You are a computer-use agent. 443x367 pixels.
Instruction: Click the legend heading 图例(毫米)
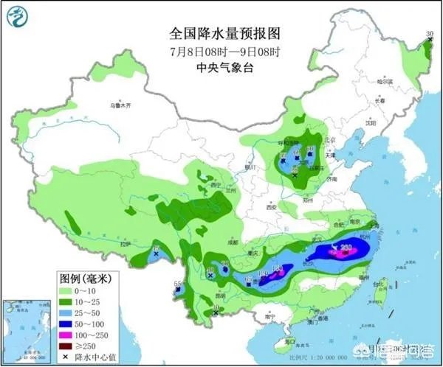(84, 279)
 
